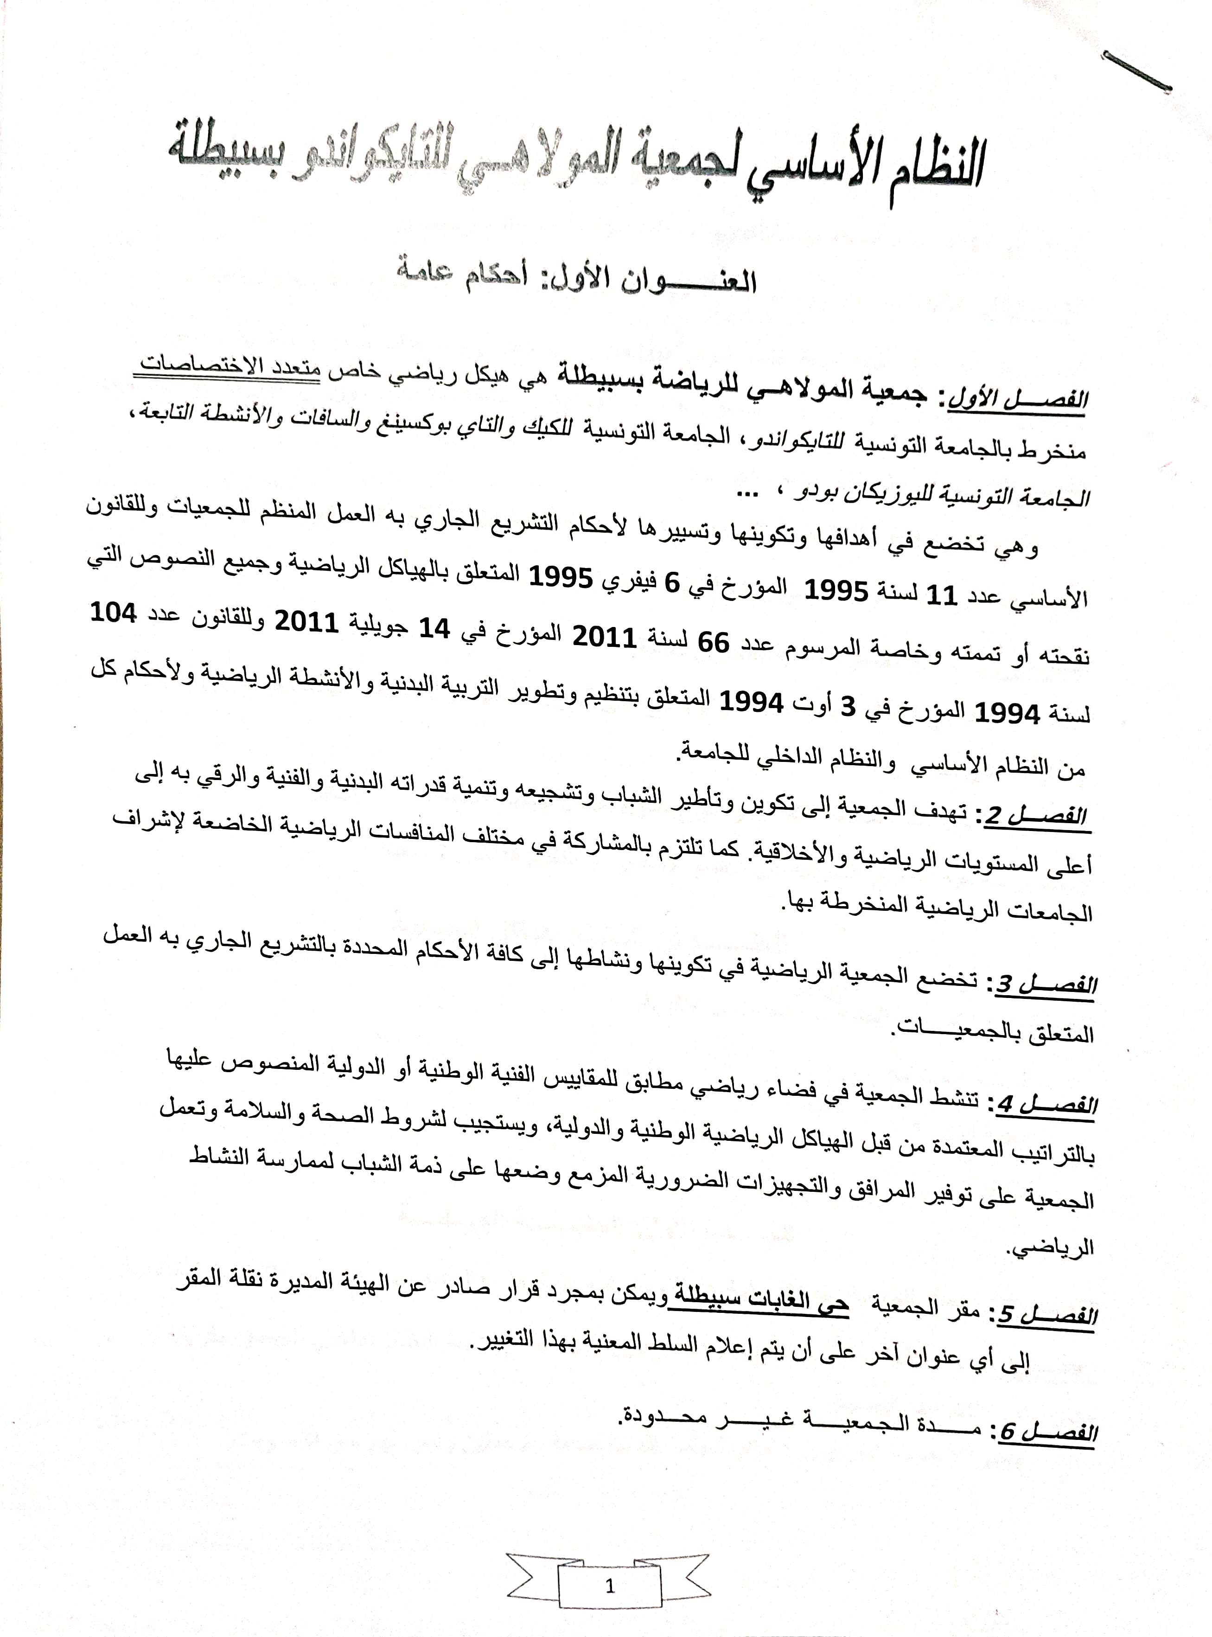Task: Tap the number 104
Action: coord(113,613)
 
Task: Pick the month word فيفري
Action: coord(635,583)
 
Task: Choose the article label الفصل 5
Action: coord(1046,1313)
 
